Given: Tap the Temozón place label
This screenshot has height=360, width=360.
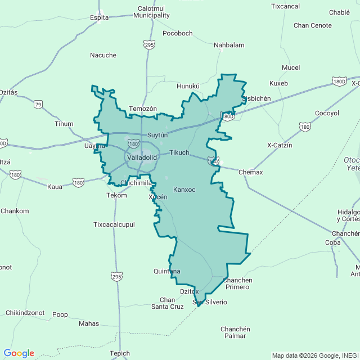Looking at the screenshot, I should point(142,109).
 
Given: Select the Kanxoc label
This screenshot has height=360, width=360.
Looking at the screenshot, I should point(184,190).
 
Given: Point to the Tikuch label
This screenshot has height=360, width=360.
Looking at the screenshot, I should point(179,152).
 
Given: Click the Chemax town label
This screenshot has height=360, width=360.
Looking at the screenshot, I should point(250,172).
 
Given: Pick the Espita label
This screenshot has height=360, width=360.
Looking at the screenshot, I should point(100,17).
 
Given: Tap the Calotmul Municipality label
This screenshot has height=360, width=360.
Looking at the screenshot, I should point(151,12).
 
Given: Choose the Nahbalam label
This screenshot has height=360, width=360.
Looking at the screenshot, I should point(229,45).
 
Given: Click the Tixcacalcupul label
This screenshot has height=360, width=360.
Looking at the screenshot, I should point(114,224).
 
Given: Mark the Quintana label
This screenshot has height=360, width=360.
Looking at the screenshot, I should point(167,271).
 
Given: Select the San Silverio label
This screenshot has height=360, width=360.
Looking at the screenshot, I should point(210,302).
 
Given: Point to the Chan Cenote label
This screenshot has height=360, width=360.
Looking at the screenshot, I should point(313,25).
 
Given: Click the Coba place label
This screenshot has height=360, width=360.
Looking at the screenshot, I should point(332,242).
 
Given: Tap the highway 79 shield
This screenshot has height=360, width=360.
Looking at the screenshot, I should point(38,104).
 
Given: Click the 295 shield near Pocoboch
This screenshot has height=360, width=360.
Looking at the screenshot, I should point(148,44).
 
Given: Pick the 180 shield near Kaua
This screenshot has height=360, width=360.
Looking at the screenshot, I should point(78,182).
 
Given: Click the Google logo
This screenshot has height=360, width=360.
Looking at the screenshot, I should point(19,353).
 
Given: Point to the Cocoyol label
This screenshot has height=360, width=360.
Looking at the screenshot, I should point(327,113).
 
